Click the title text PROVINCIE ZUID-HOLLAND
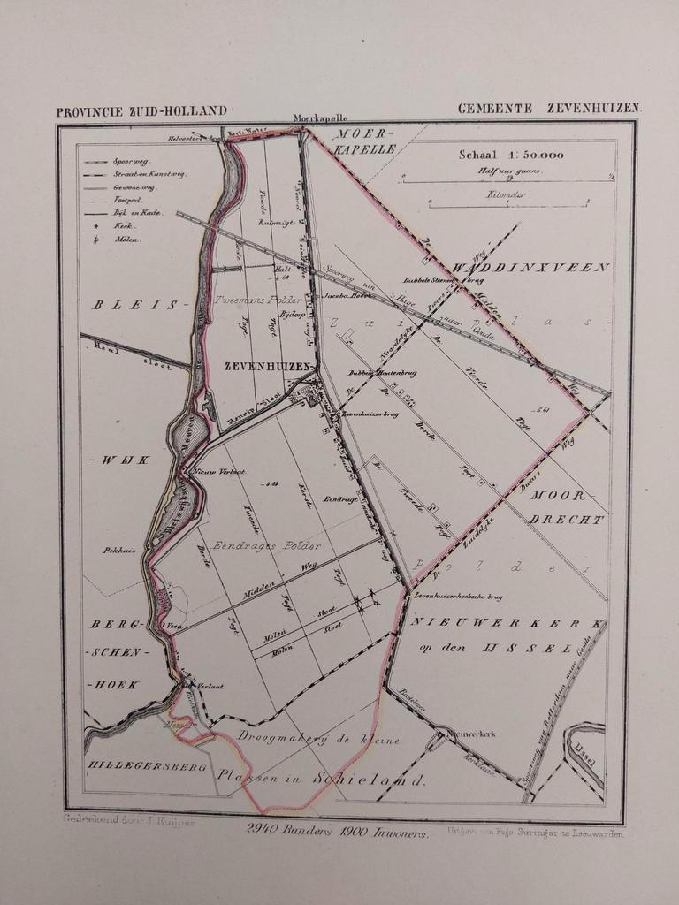tap(141, 111)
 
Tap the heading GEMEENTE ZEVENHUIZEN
tap(548, 109)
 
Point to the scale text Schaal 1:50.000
tap(511, 155)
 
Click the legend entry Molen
tap(125, 240)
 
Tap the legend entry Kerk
tap(123, 226)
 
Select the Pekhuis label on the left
tap(118, 551)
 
